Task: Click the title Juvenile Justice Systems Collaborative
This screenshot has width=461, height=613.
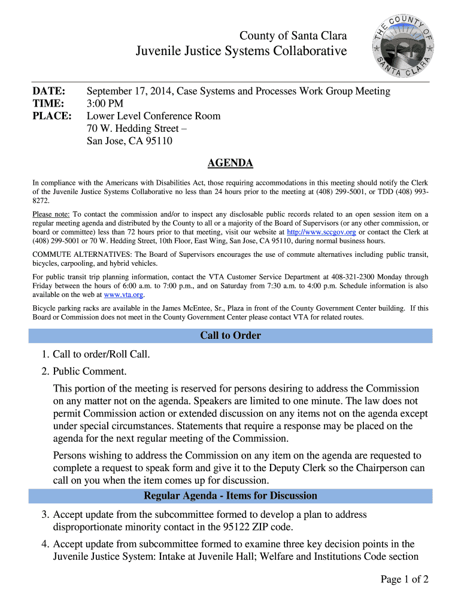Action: pyautogui.click(x=241, y=51)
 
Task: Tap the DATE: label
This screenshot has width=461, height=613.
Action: pyautogui.click(x=48, y=91)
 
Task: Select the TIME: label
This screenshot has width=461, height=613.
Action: pyautogui.click(x=48, y=104)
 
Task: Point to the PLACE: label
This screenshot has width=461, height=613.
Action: pyautogui.click(x=51, y=116)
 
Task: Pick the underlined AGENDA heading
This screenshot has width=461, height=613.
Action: pyautogui.click(x=230, y=163)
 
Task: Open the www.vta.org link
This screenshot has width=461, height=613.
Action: pyautogui.click(x=124, y=295)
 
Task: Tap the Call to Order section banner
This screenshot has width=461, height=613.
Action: pyautogui.click(x=230, y=336)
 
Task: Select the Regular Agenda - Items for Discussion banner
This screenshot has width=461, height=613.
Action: pyautogui.click(x=230, y=496)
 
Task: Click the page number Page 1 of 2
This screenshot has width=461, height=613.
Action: pyautogui.click(x=405, y=579)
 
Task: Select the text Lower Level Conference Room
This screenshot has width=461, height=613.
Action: pyautogui.click(x=154, y=116)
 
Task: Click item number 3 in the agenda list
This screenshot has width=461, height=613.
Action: pyautogui.click(x=45, y=515)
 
